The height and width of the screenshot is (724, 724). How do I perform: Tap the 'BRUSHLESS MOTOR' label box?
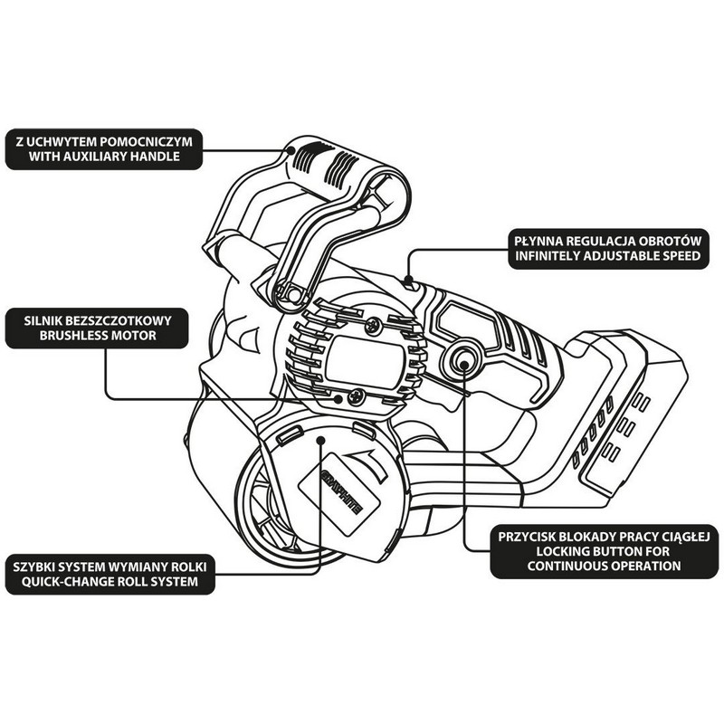(x=100, y=328)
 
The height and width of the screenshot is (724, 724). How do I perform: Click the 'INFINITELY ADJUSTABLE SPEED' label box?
(x=607, y=248)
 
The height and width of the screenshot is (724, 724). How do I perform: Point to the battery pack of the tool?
(x=624, y=407)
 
